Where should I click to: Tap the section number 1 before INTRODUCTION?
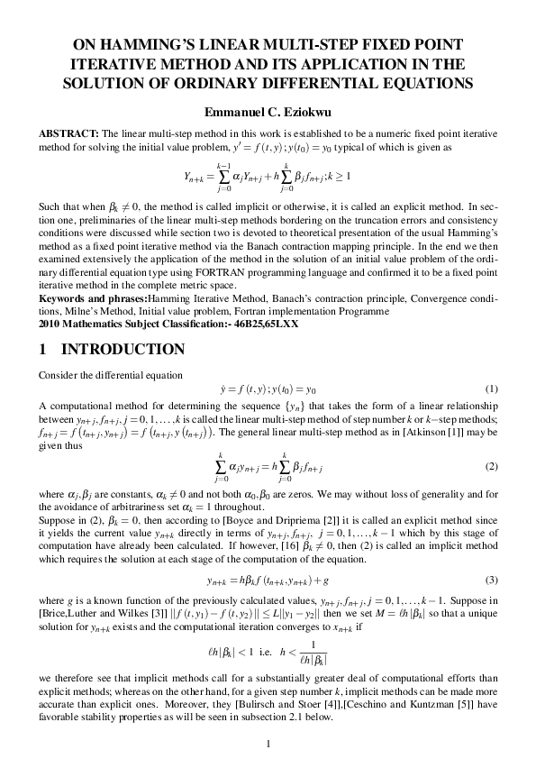(x=42, y=349)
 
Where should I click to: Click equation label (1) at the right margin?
(x=492, y=389)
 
